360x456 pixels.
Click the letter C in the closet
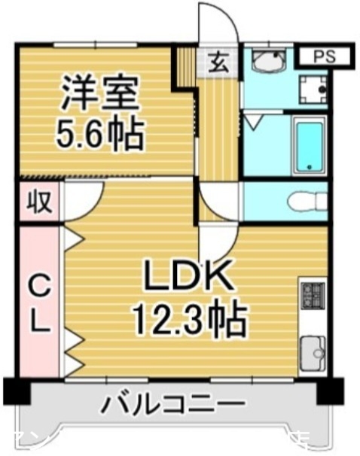coord(38,285)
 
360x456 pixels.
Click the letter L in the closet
coord(40,324)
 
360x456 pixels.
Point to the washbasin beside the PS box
coord(267,61)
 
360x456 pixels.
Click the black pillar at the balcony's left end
coord(16,391)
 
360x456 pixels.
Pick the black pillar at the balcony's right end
coord(329,391)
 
